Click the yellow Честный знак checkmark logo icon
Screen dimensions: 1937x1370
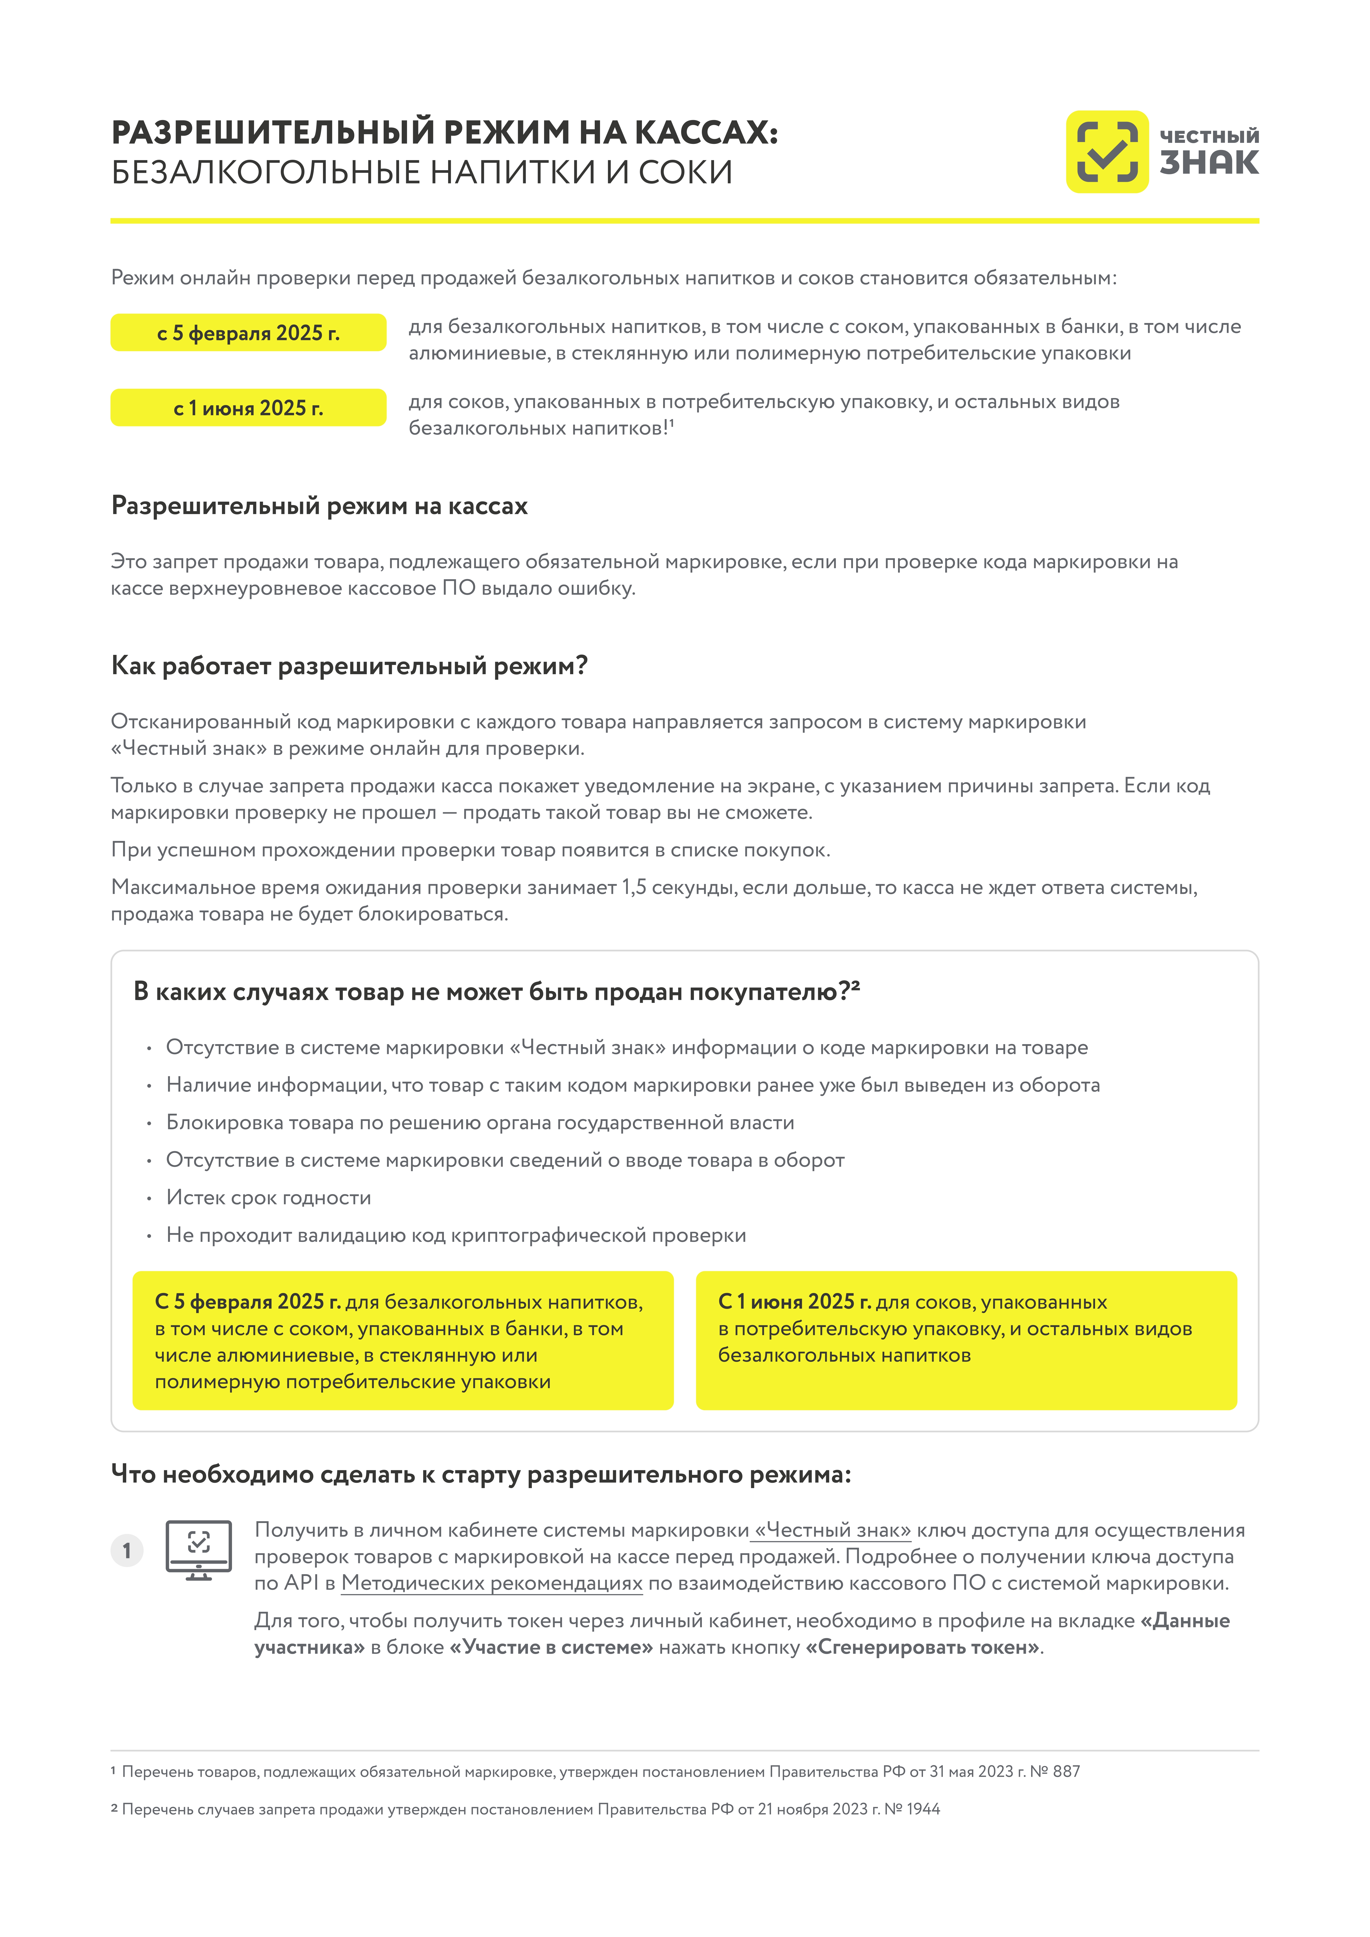[1107, 152]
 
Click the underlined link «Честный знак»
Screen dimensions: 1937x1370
[832, 1530]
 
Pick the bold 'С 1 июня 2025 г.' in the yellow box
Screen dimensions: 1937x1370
[794, 1302]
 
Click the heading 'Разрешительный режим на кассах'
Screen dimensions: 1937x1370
[319, 506]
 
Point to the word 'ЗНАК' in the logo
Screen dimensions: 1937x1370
[1209, 163]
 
